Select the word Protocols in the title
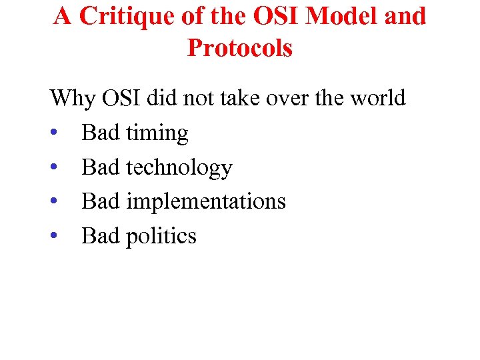click(240, 48)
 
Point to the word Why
click(73, 99)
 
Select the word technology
click(179, 168)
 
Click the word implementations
click(207, 202)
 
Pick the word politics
click(161, 236)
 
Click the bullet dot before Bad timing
click(54, 134)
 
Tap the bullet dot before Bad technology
click(54, 168)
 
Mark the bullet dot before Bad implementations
click(54, 202)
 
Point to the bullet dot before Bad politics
click(54, 237)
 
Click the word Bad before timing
click(101, 133)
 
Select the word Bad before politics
click(101, 236)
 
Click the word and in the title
click(405, 17)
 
